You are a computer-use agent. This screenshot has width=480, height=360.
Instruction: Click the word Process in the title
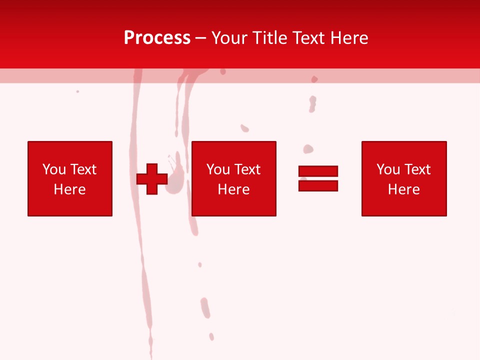(x=157, y=38)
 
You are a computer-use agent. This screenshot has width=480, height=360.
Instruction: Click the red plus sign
(x=152, y=178)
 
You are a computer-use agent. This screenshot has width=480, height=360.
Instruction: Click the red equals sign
(x=318, y=178)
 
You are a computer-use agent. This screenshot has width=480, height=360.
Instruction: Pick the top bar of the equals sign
(x=318, y=171)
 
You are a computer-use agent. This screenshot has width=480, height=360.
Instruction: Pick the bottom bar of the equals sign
(x=318, y=185)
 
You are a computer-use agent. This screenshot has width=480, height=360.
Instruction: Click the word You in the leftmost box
(x=54, y=169)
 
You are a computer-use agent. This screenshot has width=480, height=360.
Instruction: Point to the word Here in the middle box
(x=234, y=189)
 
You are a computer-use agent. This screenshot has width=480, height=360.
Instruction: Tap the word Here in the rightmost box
(x=404, y=189)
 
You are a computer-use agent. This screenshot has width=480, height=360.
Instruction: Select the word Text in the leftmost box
(x=83, y=169)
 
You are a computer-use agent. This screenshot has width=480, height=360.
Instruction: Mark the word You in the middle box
(x=218, y=169)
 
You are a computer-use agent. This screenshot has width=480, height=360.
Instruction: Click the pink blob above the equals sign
(x=308, y=149)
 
